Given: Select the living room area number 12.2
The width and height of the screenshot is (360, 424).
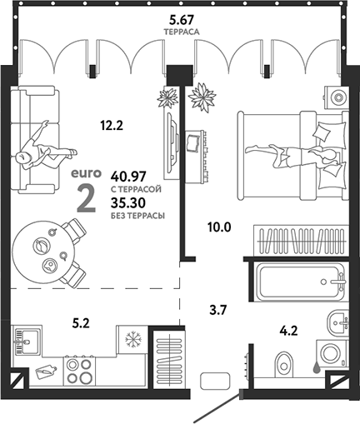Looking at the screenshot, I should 112,127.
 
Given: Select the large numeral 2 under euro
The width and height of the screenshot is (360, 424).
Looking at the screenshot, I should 85,198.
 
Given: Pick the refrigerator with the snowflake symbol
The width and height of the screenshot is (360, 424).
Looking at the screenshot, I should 132,340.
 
